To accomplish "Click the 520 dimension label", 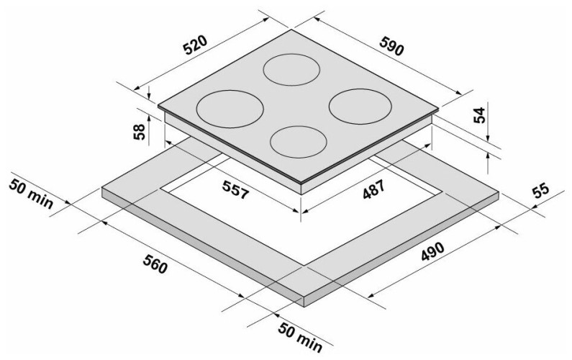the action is coord(195,45).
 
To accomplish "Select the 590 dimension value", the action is coord(391,45).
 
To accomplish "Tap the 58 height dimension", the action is coord(139,132).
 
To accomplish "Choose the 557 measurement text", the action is coord(235,190).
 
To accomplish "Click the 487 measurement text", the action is coord(373,189).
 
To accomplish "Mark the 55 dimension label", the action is coord(540,191).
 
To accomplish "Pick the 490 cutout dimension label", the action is coord(433,251).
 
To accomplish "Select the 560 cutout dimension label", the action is coord(155,264).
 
